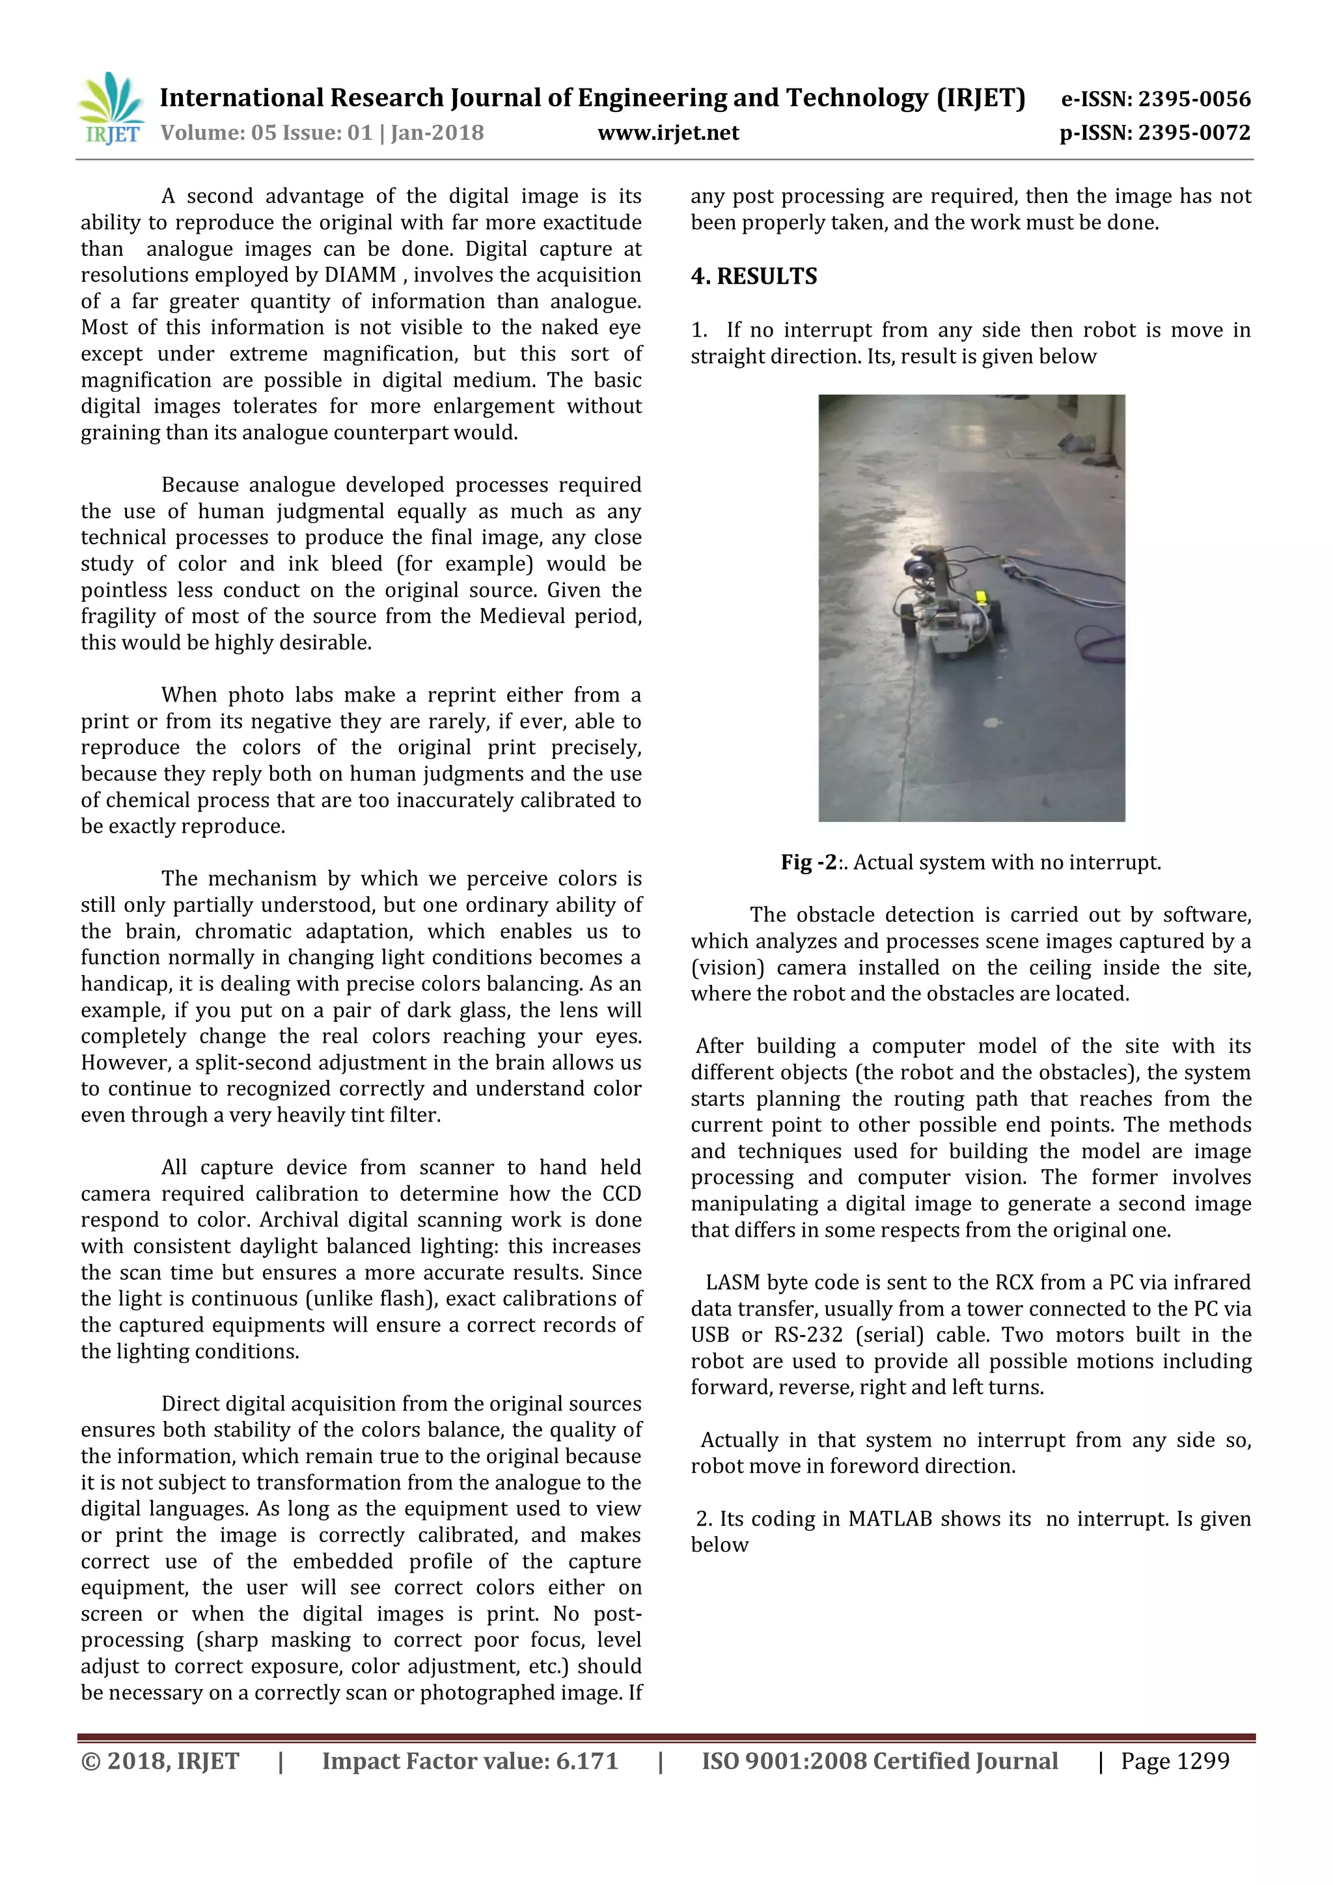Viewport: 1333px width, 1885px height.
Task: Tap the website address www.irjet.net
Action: click(x=668, y=133)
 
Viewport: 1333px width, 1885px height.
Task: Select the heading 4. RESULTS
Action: click(x=754, y=276)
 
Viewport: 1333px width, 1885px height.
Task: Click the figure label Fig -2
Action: click(x=808, y=862)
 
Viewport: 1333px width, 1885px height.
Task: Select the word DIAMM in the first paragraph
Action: click(x=361, y=275)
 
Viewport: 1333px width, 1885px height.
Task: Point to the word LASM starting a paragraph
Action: click(x=732, y=1282)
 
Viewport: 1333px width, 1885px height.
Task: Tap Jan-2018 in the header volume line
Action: click(x=437, y=133)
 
